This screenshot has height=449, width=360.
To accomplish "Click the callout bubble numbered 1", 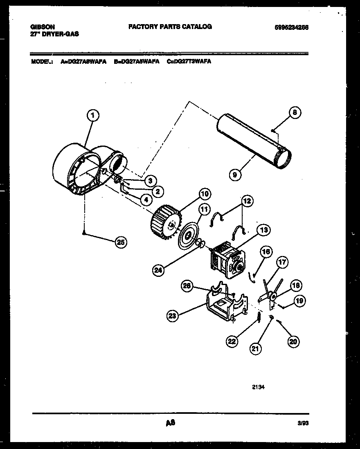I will coord(93,116).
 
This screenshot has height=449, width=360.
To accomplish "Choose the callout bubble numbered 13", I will coord(264,230).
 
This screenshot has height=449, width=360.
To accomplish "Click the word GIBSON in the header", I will coord(43,27).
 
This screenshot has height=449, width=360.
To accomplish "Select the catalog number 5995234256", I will coord(291,27).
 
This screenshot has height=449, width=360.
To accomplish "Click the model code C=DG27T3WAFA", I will coord(189,62).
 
